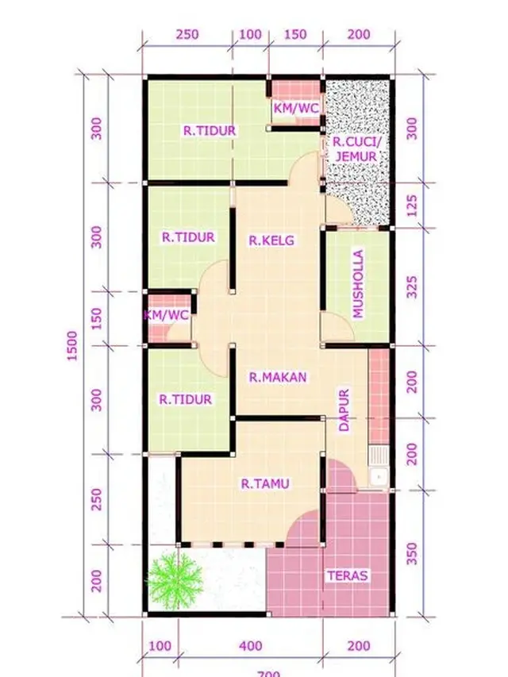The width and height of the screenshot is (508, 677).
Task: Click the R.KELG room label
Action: (271, 240)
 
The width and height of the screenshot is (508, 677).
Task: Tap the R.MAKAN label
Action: (277, 378)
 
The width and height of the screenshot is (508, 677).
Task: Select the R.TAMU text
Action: (265, 483)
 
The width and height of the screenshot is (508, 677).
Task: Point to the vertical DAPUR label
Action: (344, 410)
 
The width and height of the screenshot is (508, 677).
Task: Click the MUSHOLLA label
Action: (358, 284)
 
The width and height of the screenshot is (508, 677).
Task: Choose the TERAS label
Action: (348, 575)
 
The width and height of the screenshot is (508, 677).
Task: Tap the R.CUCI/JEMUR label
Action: (356, 148)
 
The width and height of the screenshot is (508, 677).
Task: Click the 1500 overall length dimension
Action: (73, 347)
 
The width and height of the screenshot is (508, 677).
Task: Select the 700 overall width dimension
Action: (268, 673)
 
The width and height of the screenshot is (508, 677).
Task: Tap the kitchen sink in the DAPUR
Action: (379, 467)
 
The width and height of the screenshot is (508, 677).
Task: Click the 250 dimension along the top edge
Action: (187, 34)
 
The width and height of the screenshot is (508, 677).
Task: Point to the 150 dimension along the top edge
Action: (294, 34)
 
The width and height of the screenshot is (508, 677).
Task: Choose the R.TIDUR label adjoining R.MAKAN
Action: (185, 399)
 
